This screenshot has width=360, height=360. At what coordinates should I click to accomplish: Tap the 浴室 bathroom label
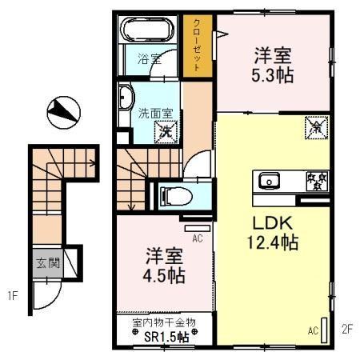pos(149,58)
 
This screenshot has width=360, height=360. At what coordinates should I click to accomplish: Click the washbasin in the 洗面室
pos(126,99)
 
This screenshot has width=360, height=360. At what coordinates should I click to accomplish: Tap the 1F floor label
pos(14,298)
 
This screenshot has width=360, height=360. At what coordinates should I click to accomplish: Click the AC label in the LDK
pos(314,330)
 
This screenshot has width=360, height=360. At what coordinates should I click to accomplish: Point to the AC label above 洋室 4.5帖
pos(197,238)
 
